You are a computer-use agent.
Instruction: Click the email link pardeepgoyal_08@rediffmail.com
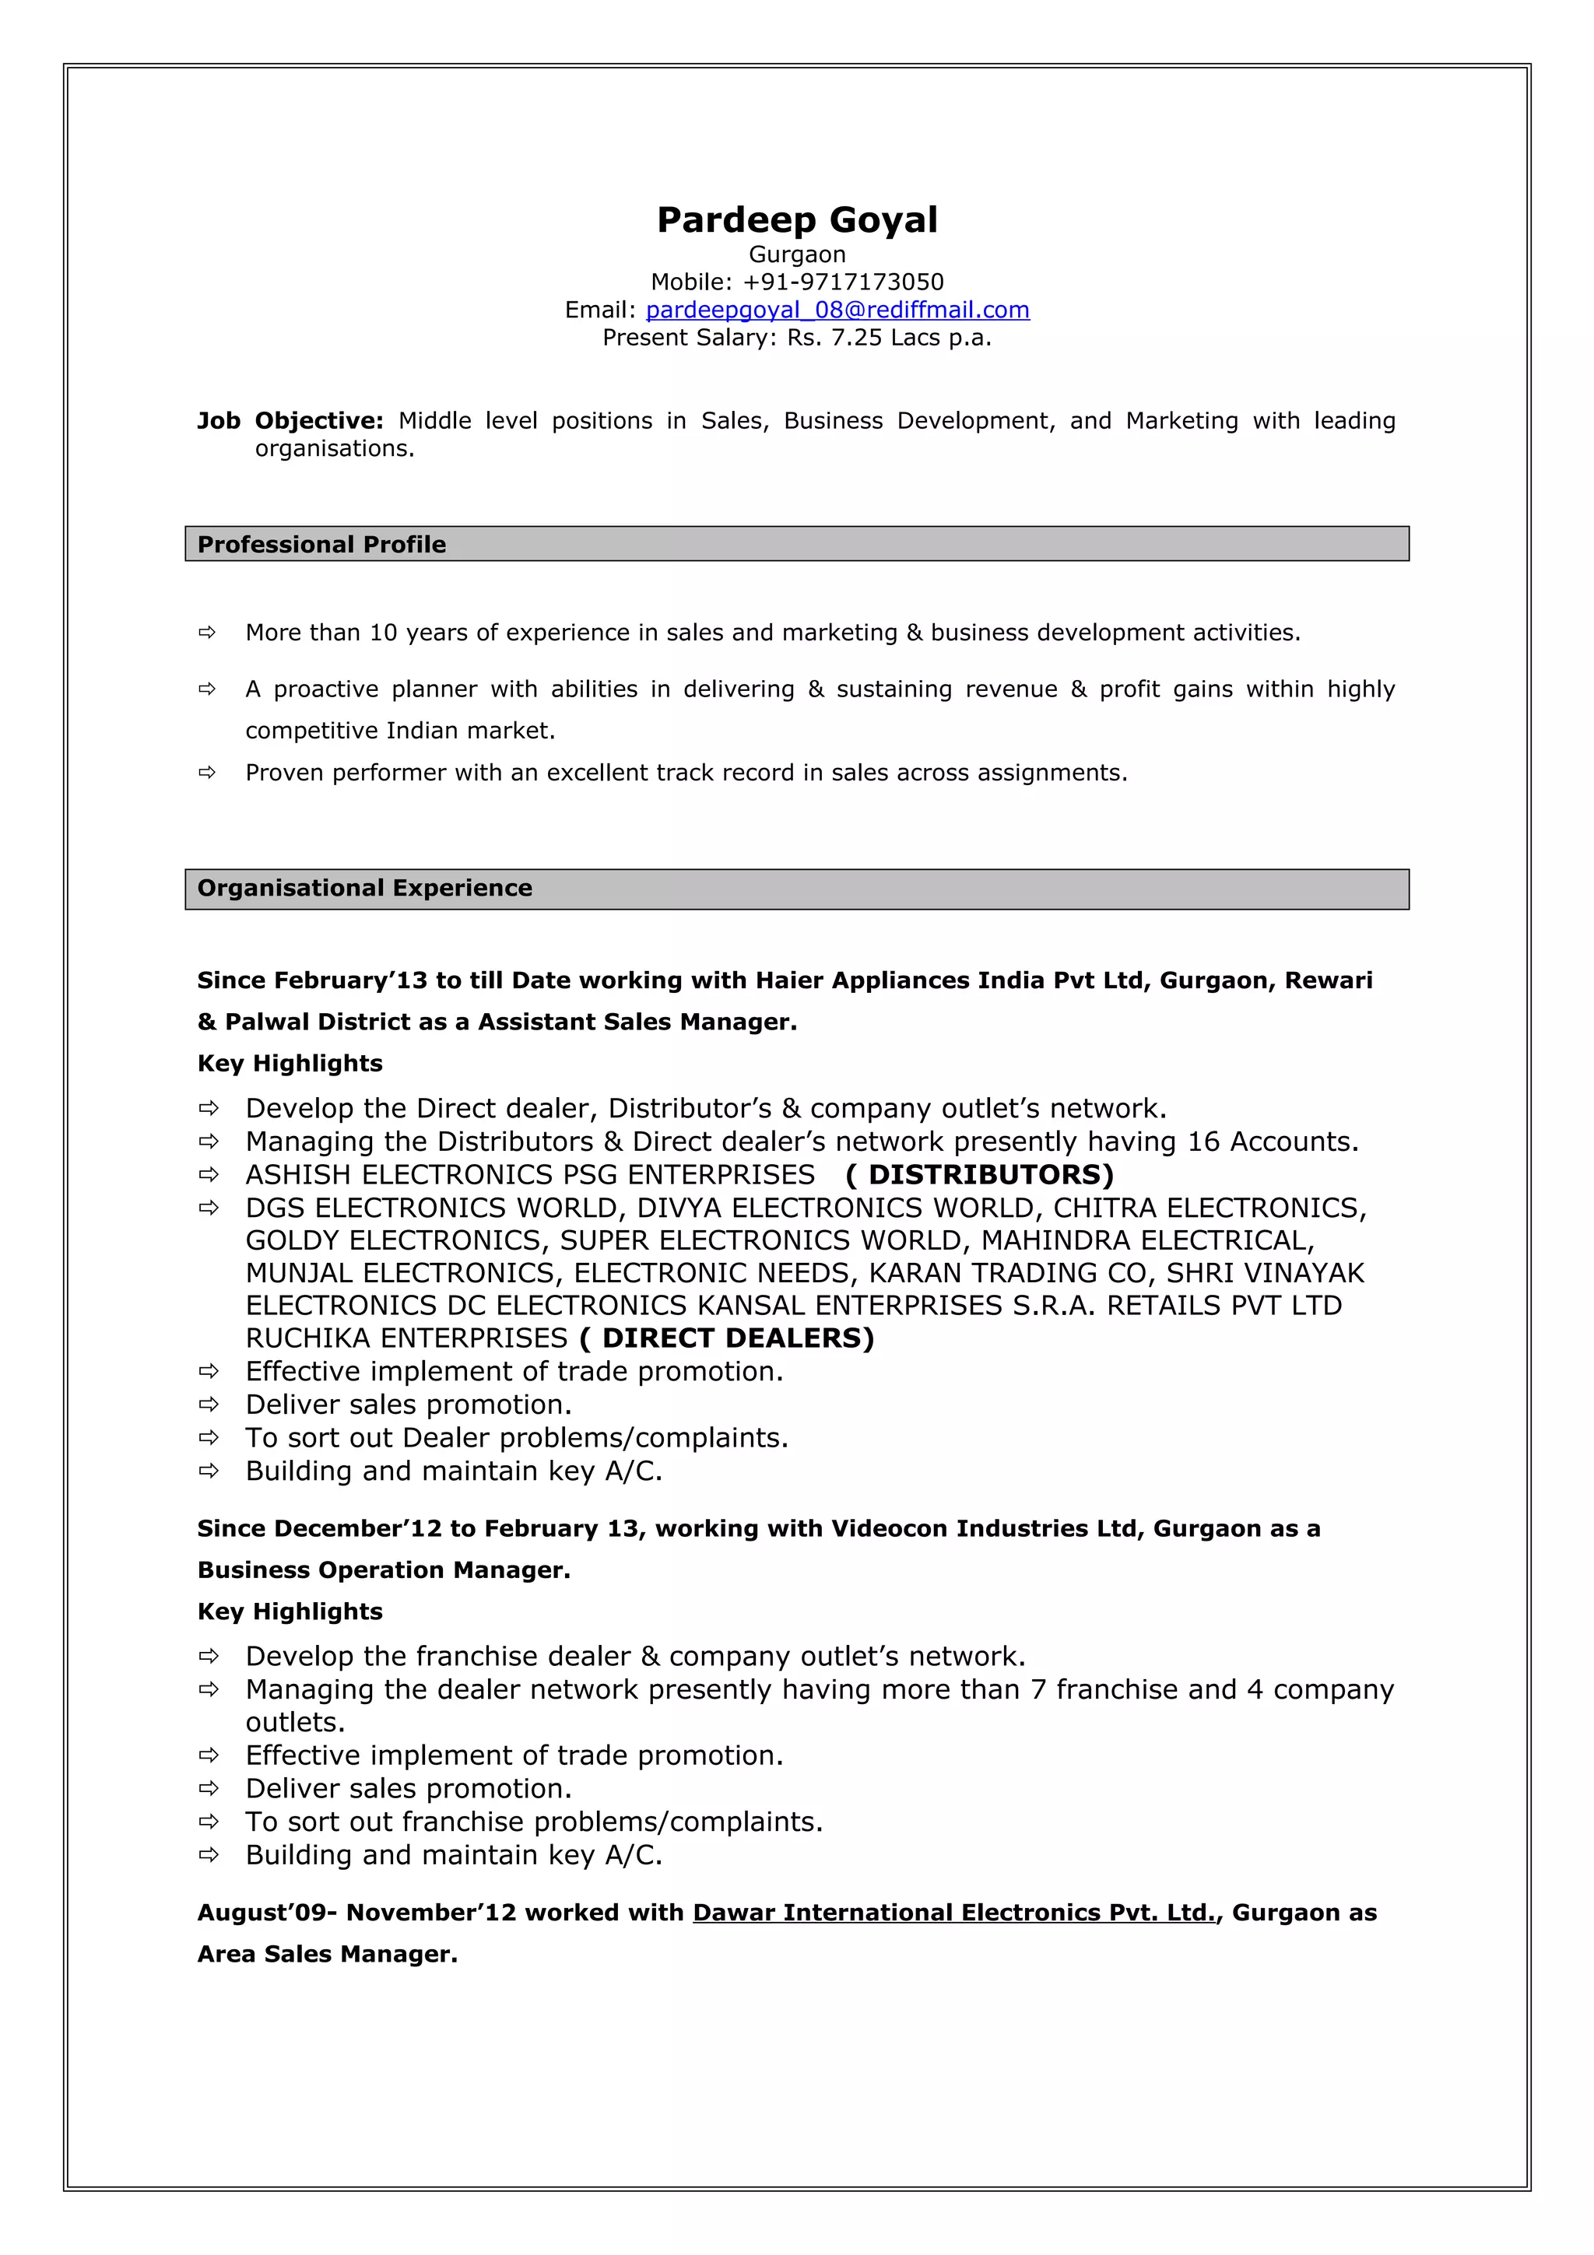click(x=837, y=310)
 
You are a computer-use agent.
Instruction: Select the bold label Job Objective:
click(x=290, y=420)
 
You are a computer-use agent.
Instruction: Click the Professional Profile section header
click(x=321, y=544)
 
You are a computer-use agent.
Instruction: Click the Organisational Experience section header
click(x=364, y=888)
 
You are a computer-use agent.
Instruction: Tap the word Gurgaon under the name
click(x=796, y=254)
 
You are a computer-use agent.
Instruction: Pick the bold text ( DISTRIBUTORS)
click(x=979, y=1175)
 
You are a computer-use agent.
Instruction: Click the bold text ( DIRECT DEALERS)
click(x=727, y=1338)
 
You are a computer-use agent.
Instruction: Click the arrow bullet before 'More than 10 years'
click(x=207, y=633)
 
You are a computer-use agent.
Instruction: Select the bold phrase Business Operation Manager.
click(x=383, y=1569)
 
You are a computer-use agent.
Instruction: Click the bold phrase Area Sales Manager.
click(x=327, y=1954)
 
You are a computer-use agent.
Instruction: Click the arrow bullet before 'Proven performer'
click(x=207, y=773)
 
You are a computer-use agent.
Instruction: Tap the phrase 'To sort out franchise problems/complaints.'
click(x=533, y=1822)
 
